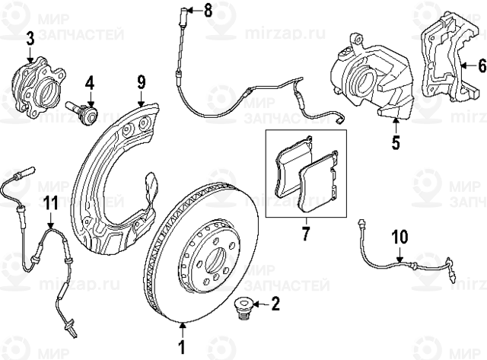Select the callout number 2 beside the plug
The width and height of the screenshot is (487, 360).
pos(275,305)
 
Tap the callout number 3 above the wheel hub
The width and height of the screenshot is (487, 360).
pos(30,38)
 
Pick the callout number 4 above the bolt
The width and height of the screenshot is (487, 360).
pos(89,81)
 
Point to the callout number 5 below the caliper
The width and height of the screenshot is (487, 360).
pos(394,142)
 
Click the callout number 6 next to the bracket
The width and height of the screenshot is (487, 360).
pos(481,66)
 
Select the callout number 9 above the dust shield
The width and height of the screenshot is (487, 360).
pos(141,80)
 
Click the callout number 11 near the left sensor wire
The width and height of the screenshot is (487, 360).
pos(50,202)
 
